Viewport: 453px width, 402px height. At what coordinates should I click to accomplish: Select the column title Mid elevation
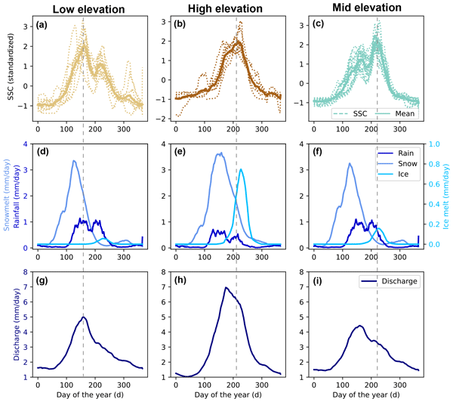tap(362, 8)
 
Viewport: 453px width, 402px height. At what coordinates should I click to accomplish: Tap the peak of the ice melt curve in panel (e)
tap(241, 169)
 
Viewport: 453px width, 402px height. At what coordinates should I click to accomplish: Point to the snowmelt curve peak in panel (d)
tap(72, 161)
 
